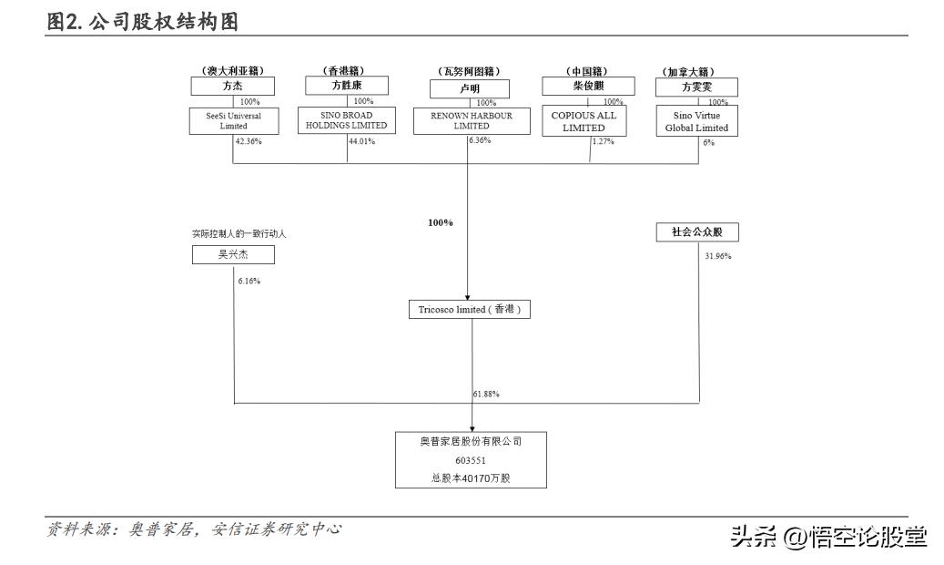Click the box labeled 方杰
[x=232, y=87]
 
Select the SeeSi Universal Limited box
[x=233, y=121]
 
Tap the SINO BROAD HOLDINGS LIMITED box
[x=347, y=120]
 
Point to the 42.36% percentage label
[x=248, y=142]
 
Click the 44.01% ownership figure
[x=361, y=141]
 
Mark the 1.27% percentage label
[x=603, y=141]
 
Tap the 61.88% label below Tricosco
[x=486, y=394]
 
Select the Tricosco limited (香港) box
[x=469, y=310]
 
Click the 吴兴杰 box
[x=232, y=254]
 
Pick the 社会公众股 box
[x=697, y=232]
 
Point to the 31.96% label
[x=717, y=256]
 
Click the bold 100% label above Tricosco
[x=441, y=222]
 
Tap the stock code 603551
[x=471, y=460]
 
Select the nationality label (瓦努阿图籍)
[x=470, y=71]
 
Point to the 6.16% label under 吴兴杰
[x=249, y=281]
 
